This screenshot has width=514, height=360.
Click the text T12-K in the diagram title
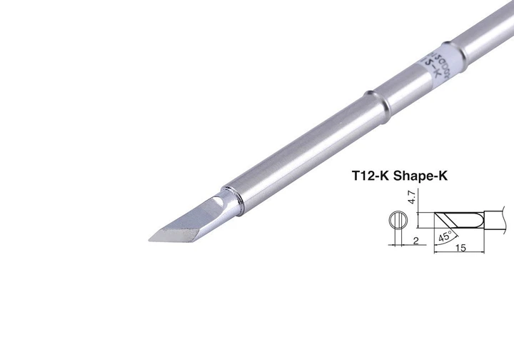373,174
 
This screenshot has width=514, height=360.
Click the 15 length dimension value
462,247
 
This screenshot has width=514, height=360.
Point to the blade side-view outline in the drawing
457,218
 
